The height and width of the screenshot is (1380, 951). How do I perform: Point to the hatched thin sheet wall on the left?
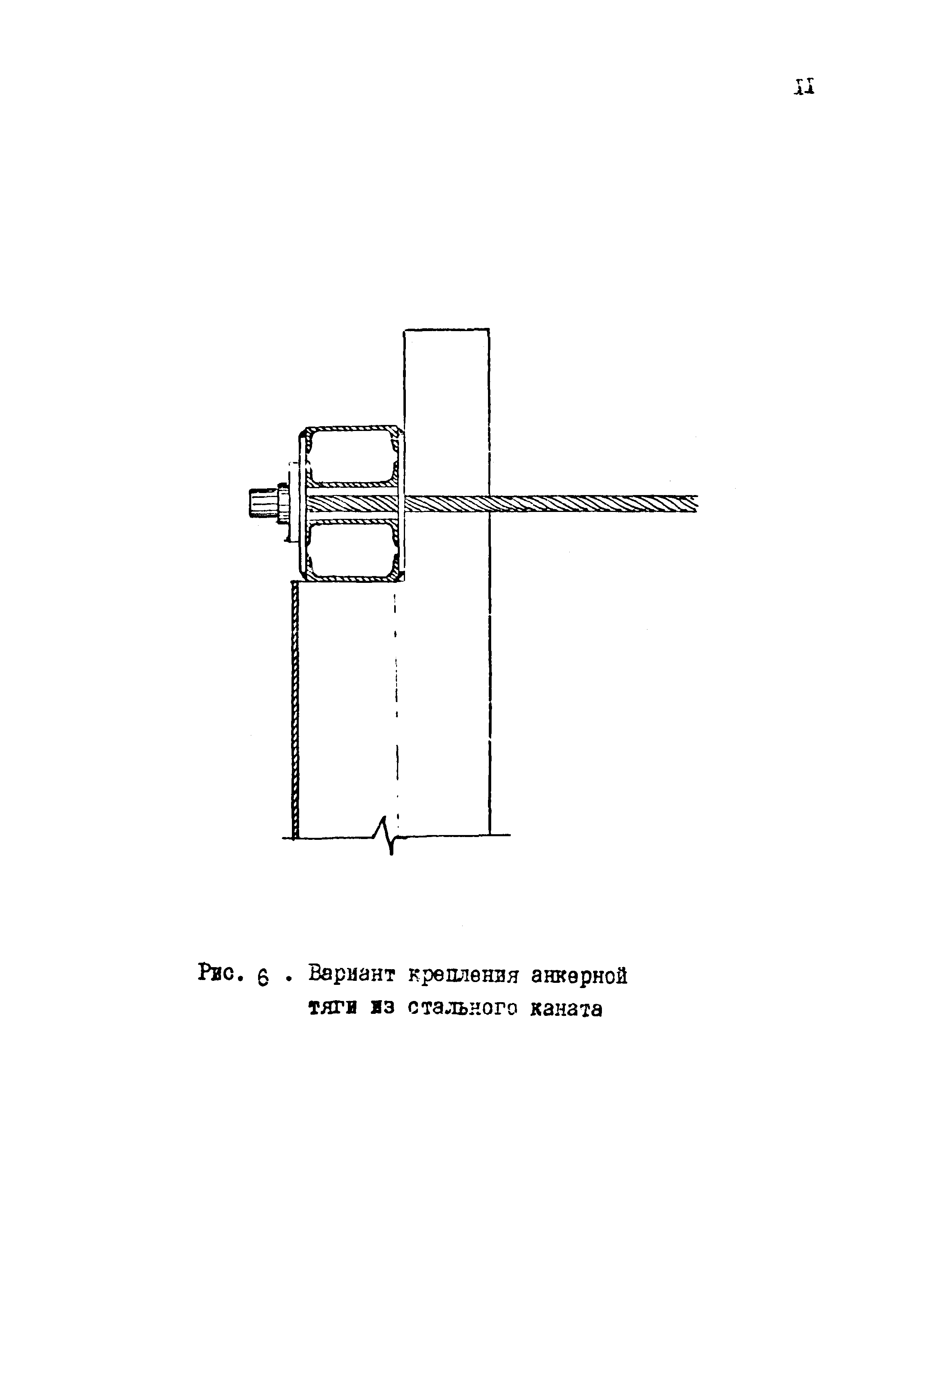pos(294,709)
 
